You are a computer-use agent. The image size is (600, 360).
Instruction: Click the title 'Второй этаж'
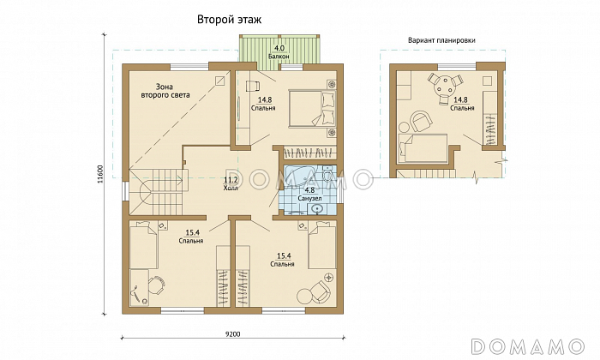tap(229, 20)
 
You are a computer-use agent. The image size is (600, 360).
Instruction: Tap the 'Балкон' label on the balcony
tap(279, 57)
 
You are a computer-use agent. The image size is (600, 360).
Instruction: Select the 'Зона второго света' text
tap(165, 91)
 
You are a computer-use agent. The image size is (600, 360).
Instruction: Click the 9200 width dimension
tap(232, 334)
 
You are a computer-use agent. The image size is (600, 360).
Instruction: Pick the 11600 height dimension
tap(100, 174)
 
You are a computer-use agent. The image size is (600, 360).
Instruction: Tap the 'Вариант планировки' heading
tap(441, 40)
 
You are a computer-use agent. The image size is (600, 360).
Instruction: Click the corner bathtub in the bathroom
tap(297, 177)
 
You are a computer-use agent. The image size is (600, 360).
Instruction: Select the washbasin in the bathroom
tap(317, 208)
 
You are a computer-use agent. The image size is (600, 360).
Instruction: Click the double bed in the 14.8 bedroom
tap(313, 108)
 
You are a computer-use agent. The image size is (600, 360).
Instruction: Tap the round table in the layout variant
tap(444, 85)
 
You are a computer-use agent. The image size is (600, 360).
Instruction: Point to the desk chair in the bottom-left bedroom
tap(156, 285)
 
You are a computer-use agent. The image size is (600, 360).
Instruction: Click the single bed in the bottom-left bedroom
tap(143, 245)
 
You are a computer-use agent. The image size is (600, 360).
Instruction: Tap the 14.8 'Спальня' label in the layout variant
tap(462, 104)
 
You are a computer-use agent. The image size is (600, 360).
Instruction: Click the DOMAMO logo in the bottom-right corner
tap(528, 346)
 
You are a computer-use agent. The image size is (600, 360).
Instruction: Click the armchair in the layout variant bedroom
tap(421, 121)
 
